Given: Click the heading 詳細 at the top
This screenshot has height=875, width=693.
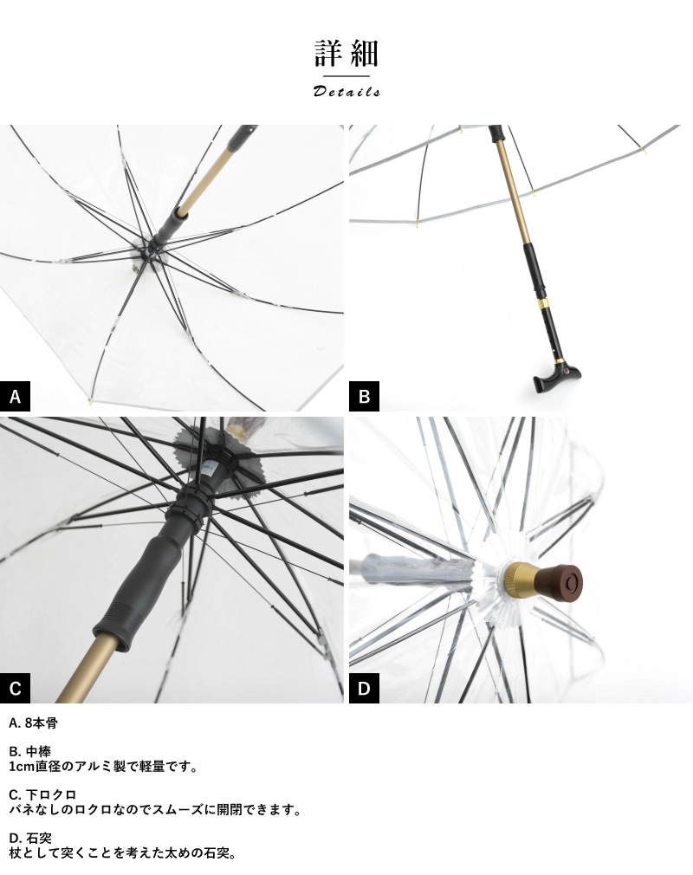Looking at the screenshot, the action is click(346, 53).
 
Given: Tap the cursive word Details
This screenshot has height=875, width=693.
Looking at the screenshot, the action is click(346, 91).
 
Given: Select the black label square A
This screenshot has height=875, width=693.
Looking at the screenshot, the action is click(15, 396).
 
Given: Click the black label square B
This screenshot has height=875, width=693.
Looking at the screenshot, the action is click(365, 396).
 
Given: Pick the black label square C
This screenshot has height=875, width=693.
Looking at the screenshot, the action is click(15, 688).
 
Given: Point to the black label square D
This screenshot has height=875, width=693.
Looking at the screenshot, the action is click(365, 688).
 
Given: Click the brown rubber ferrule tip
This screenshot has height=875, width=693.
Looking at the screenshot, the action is click(559, 579).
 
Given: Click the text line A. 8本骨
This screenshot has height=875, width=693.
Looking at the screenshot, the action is click(34, 723).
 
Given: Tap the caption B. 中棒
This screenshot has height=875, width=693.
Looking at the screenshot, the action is click(30, 752).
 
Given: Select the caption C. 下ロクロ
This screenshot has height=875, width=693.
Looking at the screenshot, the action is click(42, 794).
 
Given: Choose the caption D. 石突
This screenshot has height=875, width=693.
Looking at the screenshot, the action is click(30, 838).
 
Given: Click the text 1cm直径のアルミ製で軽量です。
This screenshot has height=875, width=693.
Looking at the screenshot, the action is click(104, 767).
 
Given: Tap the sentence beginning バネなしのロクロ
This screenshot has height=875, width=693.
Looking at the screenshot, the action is click(155, 810).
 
